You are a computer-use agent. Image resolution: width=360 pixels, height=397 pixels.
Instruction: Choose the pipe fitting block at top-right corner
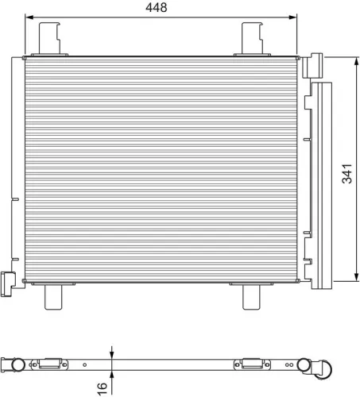point(315,64)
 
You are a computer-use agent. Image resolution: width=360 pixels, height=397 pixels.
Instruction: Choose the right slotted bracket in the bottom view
point(250,364)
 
